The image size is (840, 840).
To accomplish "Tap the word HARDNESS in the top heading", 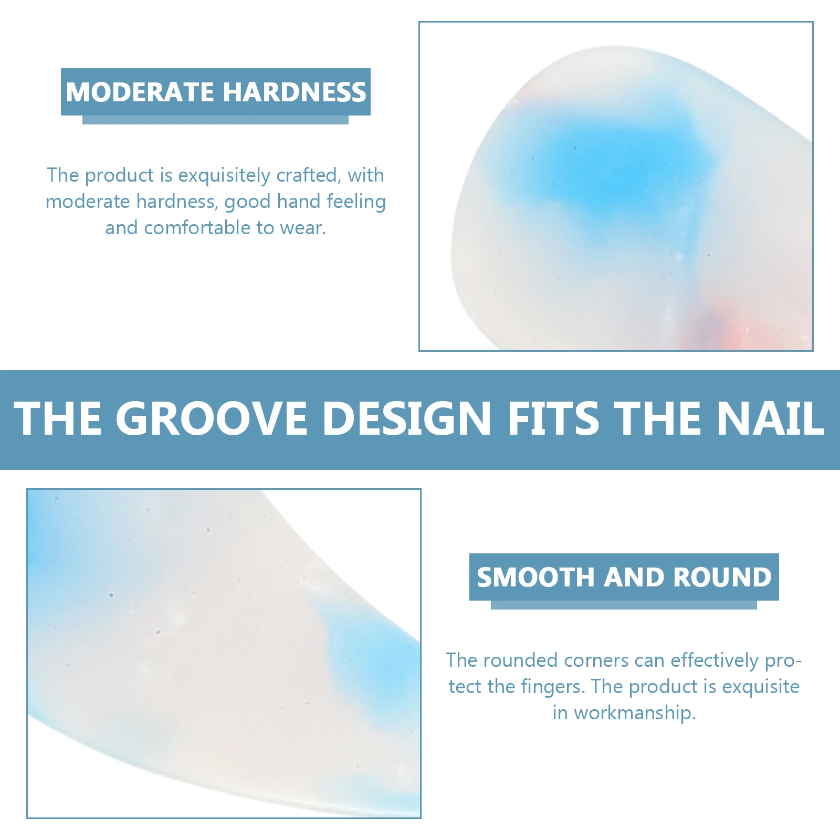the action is click(x=295, y=92).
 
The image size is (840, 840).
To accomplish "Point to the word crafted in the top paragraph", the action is click(x=308, y=176).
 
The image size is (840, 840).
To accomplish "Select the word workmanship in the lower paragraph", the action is click(x=634, y=713).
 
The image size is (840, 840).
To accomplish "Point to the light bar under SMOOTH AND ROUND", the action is click(x=624, y=605).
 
